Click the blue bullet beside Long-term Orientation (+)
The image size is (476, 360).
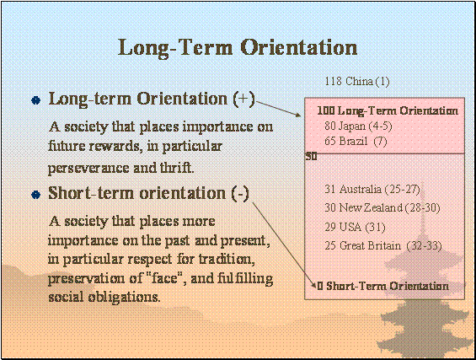click(x=36, y=100)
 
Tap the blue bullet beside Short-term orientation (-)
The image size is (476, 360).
click(x=36, y=195)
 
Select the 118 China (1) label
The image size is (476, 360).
click(x=357, y=82)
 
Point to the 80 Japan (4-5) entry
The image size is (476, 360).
click(x=358, y=126)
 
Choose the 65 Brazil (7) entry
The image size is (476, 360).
click(x=356, y=142)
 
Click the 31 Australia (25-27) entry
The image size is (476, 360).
click(x=372, y=189)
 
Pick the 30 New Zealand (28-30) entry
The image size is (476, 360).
click(x=382, y=207)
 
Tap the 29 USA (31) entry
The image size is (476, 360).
click(x=355, y=227)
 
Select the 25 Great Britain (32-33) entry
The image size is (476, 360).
click(x=383, y=245)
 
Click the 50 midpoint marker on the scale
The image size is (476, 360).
click(x=311, y=157)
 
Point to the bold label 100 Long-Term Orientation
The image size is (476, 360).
click(x=388, y=111)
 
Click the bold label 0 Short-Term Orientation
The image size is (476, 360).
click(x=382, y=286)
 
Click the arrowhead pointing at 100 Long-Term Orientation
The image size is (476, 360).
click(x=297, y=115)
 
